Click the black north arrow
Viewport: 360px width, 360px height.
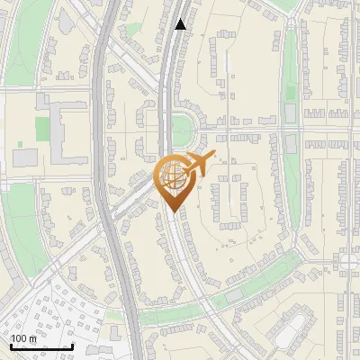click(x=181, y=24)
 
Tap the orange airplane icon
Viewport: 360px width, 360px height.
click(x=198, y=164)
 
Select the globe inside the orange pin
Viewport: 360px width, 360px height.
click(x=171, y=177)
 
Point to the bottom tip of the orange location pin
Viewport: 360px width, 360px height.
click(x=171, y=211)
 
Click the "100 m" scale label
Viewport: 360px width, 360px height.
click(x=23, y=337)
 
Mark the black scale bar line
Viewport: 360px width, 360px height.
click(x=41, y=346)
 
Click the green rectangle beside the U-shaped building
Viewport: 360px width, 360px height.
click(x=42, y=129)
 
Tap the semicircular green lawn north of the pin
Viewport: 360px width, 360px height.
click(x=181, y=127)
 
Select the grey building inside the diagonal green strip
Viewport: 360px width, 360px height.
click(x=235, y=293)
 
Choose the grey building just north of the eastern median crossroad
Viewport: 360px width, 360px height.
click(x=290, y=112)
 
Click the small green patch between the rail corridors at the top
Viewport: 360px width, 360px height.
click(x=133, y=31)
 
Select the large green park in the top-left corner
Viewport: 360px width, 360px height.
click(x=22, y=45)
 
